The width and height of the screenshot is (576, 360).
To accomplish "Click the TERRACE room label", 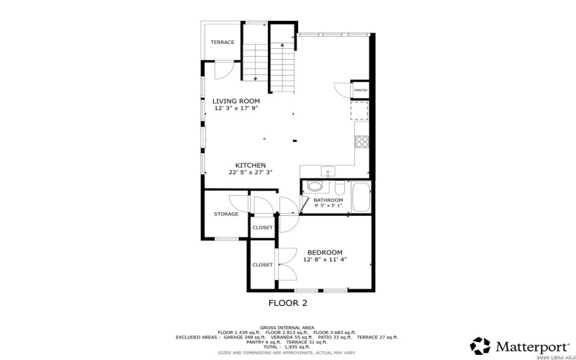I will (222, 42).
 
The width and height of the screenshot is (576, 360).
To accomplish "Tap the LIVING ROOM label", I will (236, 101).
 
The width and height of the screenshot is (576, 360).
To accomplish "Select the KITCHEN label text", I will (251, 165).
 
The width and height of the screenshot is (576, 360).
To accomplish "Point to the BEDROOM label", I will (325, 252).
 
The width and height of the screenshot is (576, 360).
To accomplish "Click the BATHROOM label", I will (333, 199).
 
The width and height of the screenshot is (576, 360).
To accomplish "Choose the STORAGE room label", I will (225, 214).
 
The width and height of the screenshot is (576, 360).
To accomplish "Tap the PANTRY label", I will (361, 90).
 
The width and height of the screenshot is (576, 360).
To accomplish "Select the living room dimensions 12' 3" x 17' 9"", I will (236, 108).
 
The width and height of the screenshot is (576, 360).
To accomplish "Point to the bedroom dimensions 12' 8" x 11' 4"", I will (325, 259).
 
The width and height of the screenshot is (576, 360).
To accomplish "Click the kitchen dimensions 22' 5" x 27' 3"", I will (251, 172).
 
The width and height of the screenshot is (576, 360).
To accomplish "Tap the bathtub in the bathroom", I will (360, 199).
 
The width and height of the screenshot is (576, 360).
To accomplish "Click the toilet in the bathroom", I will (314, 186).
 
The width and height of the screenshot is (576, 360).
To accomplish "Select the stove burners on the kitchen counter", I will (363, 141).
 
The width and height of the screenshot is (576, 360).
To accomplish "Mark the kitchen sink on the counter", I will (328, 173).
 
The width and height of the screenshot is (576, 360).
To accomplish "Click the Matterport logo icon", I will (480, 346).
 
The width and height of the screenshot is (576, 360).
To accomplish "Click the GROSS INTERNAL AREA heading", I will (287, 326).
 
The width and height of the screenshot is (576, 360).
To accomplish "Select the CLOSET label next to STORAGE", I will (262, 228).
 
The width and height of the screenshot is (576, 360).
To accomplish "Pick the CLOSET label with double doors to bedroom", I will (262, 265).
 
